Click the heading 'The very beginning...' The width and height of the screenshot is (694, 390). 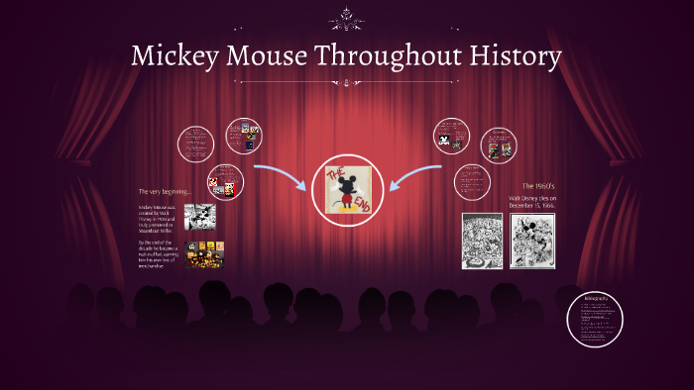click(165, 190)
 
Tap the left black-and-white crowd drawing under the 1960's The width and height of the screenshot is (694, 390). click(481, 241)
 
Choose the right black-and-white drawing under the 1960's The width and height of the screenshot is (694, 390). click(531, 241)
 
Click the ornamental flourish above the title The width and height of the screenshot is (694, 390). click(347, 18)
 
